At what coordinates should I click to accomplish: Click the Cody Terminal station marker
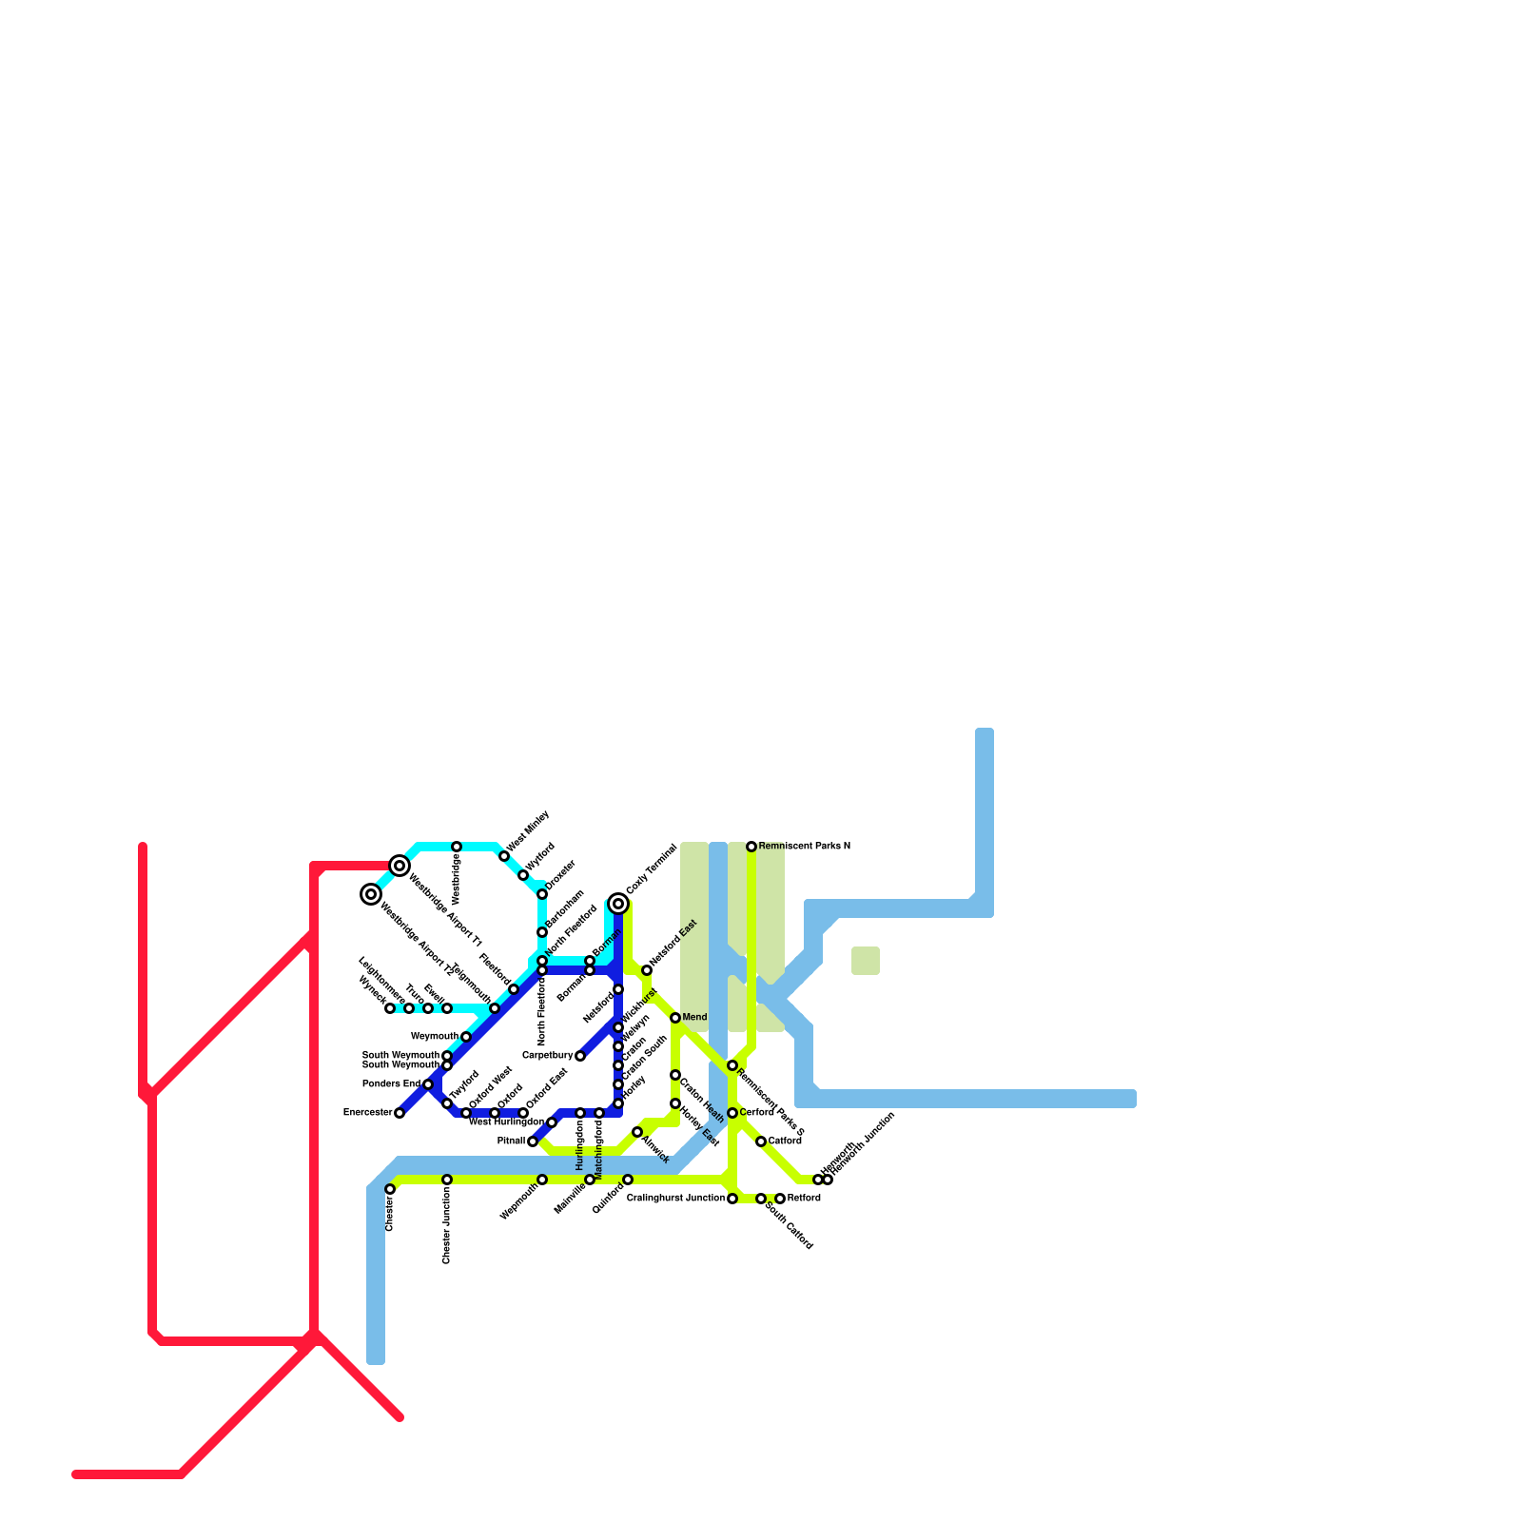point(618,904)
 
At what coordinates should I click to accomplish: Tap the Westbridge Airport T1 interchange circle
point(400,866)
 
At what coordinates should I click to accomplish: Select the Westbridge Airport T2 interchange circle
point(371,894)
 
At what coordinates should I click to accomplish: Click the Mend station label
point(694,1018)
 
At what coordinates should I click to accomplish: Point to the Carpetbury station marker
point(580,1056)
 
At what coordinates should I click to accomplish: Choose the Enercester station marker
point(400,1113)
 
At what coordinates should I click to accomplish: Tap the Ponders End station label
point(391,1084)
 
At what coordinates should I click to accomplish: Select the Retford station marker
point(780,1199)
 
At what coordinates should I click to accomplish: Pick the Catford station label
point(785,1141)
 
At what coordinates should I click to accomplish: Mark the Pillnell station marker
point(533,1141)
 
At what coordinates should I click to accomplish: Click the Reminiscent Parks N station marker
point(751,847)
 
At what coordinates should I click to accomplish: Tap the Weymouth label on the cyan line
point(434,1037)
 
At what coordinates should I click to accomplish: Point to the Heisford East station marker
point(647,970)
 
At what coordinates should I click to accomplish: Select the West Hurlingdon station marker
point(552,1122)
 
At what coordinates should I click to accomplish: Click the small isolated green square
point(866,961)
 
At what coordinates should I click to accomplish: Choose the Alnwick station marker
point(637,1132)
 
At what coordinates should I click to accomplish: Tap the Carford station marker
point(732,1113)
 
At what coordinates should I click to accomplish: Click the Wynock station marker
point(390,1008)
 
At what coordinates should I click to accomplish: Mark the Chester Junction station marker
point(447,1180)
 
